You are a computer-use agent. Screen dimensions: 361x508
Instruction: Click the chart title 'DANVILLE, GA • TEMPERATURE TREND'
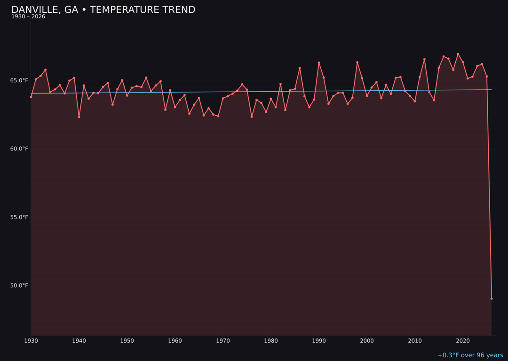pyautogui.click(x=103, y=10)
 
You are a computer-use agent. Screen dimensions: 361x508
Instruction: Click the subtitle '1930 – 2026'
pyautogui.click(x=28, y=17)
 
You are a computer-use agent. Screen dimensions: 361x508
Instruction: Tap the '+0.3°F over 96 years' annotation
pyautogui.click(x=470, y=355)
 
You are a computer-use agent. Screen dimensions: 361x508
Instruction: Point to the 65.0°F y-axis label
pyautogui.click(x=20, y=80)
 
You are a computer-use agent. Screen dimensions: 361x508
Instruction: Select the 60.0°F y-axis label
pyautogui.click(x=20, y=149)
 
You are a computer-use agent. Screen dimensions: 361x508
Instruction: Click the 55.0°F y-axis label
pyautogui.click(x=20, y=217)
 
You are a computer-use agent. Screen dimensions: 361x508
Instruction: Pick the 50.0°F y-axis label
pyautogui.click(x=20, y=286)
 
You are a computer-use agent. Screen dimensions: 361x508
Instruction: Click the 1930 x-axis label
pyautogui.click(x=31, y=341)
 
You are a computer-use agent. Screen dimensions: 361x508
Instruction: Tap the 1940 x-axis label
pyautogui.click(x=79, y=341)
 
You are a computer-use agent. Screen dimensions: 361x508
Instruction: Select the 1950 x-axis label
pyautogui.click(x=127, y=341)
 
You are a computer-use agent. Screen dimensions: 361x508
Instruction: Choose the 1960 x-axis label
pyautogui.click(x=175, y=341)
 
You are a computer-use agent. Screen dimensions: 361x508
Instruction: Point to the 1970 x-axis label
pyautogui.click(x=223, y=341)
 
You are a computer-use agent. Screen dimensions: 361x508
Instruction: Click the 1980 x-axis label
pyautogui.click(x=271, y=341)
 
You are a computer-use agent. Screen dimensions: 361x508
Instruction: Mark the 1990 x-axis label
pyautogui.click(x=319, y=341)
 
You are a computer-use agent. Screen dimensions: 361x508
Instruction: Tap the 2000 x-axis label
pyautogui.click(x=367, y=341)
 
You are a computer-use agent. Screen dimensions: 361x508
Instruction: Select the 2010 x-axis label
pyautogui.click(x=415, y=341)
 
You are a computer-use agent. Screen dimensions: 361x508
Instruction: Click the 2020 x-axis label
pyautogui.click(x=463, y=341)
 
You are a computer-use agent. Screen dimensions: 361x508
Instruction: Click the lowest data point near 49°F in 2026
pyautogui.click(x=492, y=298)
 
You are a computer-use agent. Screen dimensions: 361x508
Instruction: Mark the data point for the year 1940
pyautogui.click(x=79, y=117)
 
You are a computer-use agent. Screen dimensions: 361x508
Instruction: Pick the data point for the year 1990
pyautogui.click(x=319, y=63)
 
